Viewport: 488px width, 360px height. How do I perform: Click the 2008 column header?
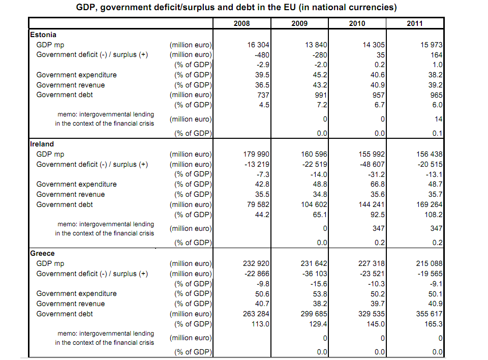[241, 23]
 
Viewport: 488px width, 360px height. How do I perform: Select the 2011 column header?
[415, 23]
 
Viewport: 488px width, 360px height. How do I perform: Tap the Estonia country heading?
[43, 35]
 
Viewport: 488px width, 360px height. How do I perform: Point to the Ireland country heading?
[42, 144]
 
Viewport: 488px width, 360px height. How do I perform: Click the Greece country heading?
[42, 253]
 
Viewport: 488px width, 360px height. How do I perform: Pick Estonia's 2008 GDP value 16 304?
[258, 45]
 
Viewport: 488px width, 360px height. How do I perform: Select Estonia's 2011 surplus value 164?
[436, 55]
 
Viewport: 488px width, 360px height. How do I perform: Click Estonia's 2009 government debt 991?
[321, 95]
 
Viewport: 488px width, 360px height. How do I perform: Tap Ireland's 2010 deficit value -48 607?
[372, 164]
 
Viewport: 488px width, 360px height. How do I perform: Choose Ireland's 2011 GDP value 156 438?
[429, 154]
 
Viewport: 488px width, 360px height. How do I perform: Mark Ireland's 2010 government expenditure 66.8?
[378, 184]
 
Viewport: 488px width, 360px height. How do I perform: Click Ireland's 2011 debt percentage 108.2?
[433, 215]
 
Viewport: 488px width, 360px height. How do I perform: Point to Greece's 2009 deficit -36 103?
[315, 274]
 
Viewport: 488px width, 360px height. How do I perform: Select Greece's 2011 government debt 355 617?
[429, 314]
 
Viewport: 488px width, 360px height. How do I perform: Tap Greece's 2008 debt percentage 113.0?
[260, 324]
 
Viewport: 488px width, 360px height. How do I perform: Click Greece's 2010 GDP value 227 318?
[371, 263]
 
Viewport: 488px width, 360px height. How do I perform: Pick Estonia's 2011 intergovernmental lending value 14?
[439, 119]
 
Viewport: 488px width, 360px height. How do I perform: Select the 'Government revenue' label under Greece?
[70, 304]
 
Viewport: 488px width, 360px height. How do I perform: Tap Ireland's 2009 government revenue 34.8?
[320, 194]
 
